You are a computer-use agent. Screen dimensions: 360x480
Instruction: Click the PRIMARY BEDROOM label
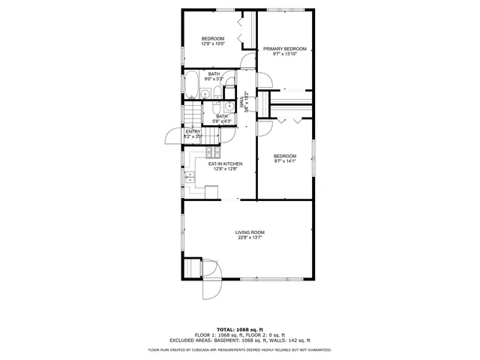coord(284,49)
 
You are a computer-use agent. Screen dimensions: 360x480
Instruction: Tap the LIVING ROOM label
coord(251,232)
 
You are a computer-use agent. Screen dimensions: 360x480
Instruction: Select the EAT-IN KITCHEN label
coord(224,163)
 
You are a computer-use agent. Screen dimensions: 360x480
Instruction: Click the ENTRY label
coord(193,131)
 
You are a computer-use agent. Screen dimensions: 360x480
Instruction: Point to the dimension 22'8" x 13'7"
coord(251,238)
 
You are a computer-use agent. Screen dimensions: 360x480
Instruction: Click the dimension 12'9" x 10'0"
coord(212,44)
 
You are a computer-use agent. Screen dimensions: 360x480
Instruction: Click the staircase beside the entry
coord(195,115)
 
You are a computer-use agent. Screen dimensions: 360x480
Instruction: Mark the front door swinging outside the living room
coord(210,289)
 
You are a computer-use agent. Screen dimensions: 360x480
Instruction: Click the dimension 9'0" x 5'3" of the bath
coord(214,79)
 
